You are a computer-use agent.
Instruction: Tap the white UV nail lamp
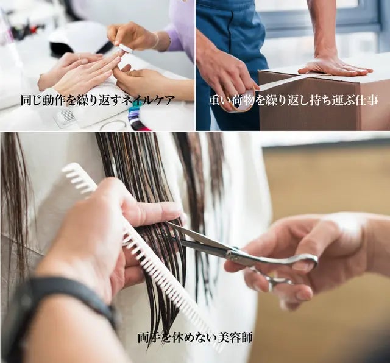coord(76,38)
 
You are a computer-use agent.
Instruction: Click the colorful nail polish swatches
coord(135,116)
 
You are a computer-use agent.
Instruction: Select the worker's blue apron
coord(235,37)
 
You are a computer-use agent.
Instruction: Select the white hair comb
coord(140,250)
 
